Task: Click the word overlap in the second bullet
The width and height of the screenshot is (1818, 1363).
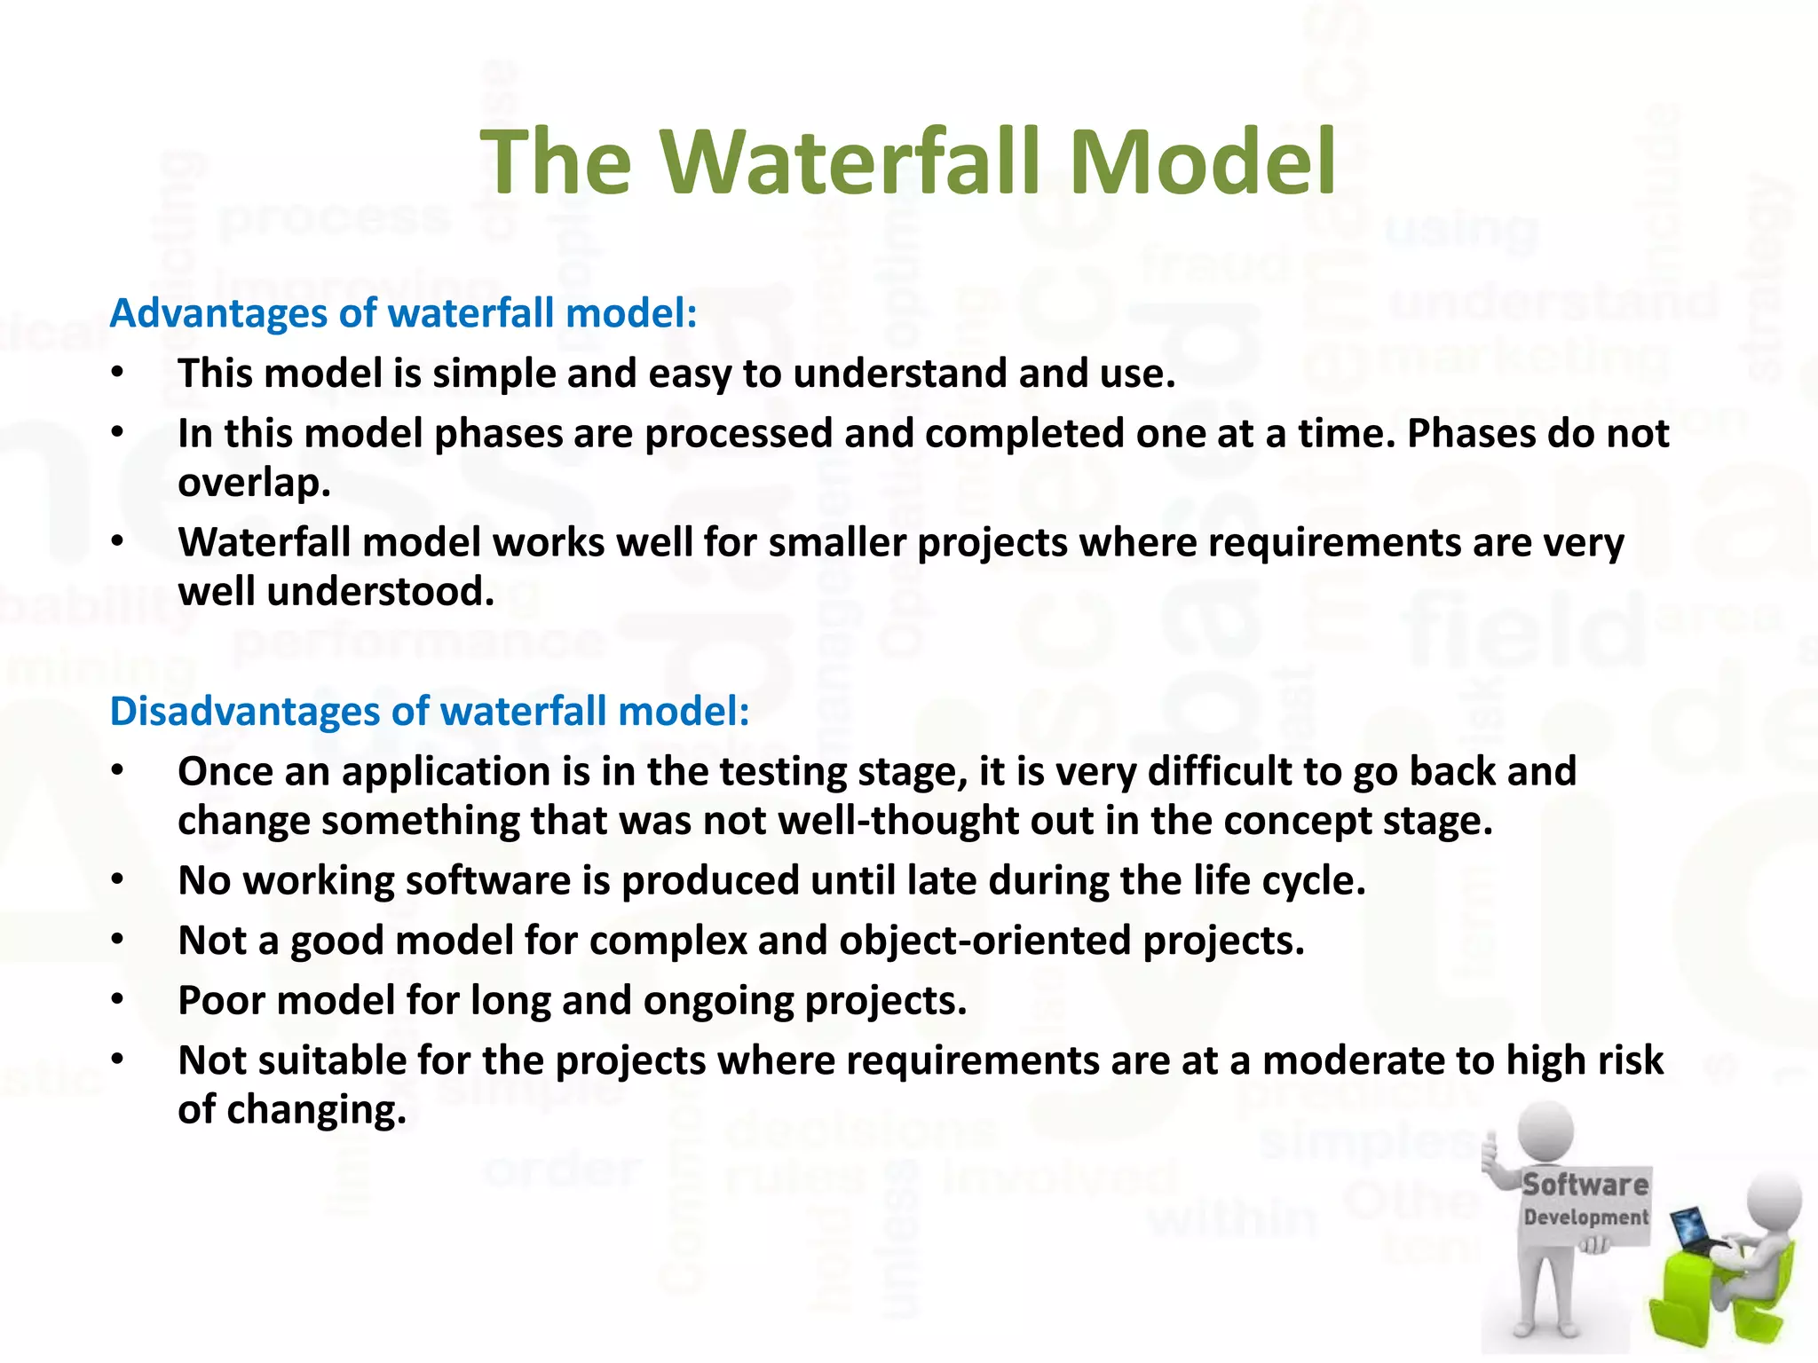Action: (x=254, y=484)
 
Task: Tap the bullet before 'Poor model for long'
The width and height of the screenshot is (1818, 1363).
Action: (x=118, y=1000)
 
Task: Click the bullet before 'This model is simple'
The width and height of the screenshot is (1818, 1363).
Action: (x=118, y=373)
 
